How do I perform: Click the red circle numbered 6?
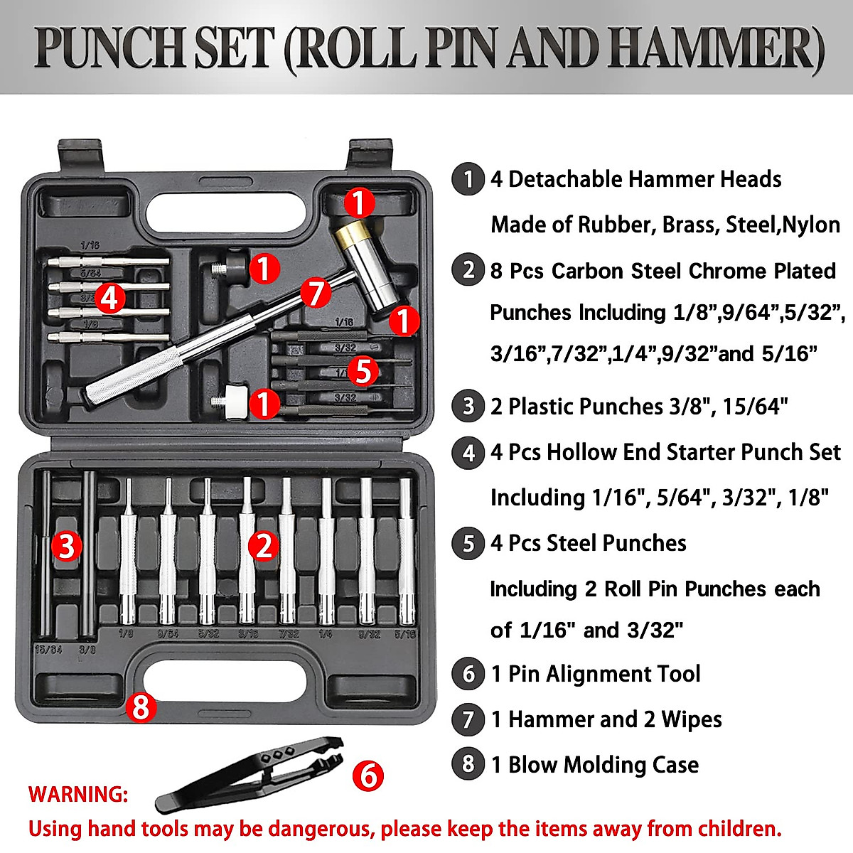coord(368,776)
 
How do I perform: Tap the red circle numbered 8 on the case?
coord(141,707)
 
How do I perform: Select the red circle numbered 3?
coord(66,546)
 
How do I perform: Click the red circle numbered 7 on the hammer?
coord(316,293)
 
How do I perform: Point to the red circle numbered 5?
coord(363,370)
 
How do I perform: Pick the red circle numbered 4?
coord(109,298)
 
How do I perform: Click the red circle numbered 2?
coord(264,546)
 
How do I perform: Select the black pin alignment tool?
coord(249,773)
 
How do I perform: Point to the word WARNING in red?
coord(78,794)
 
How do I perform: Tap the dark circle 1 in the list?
coord(468,179)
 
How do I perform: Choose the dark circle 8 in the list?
coord(468,764)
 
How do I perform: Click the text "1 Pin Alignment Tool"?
coord(596,674)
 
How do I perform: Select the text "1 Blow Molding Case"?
coord(595,765)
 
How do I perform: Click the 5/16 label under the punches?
coord(405,633)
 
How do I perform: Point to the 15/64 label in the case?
coord(48,649)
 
